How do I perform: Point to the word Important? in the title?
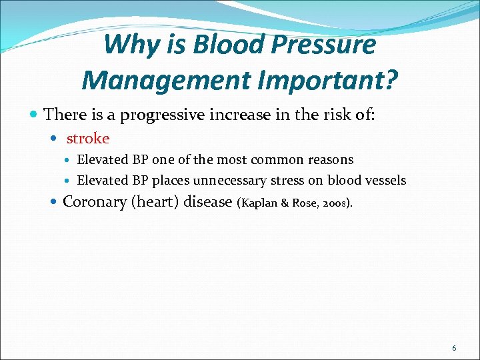point(326,81)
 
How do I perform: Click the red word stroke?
point(87,139)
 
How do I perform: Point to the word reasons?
point(333,160)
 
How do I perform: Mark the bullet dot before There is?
point(35,115)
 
